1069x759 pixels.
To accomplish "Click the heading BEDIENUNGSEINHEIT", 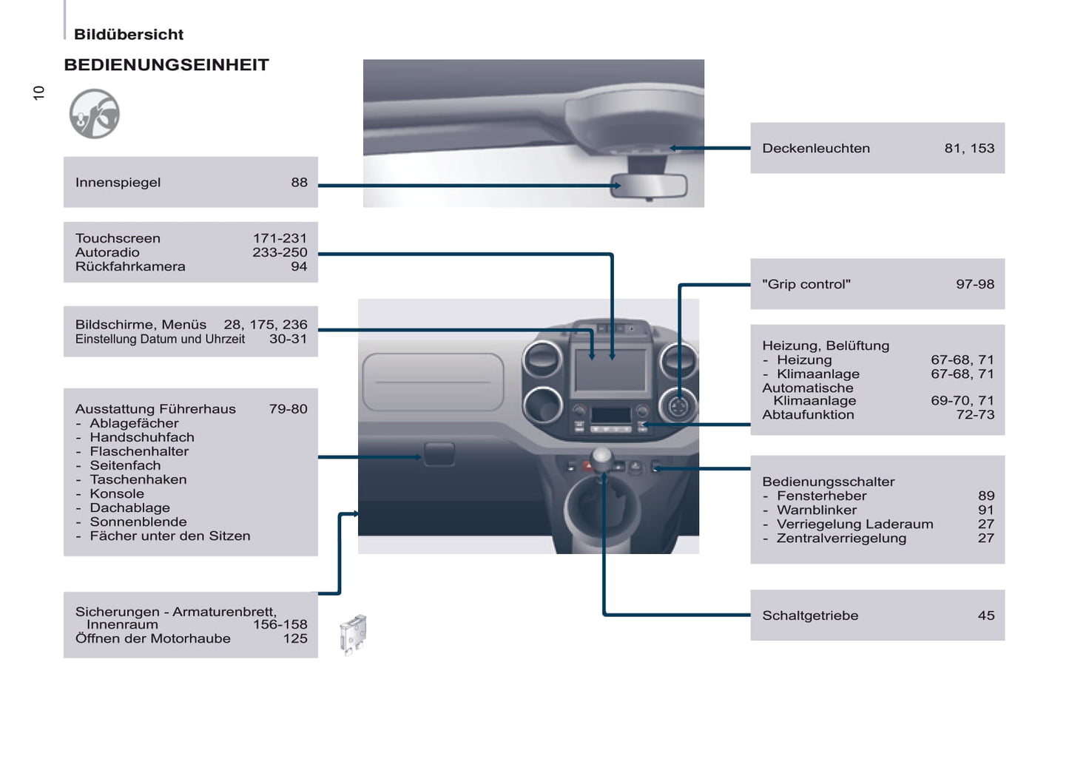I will pos(166,65).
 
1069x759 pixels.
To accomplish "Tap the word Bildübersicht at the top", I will pos(129,35).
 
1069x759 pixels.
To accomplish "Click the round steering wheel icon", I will pos(94,114).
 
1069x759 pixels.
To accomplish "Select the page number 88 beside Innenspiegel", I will pos(299,182).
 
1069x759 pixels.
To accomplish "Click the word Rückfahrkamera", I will pos(130,266).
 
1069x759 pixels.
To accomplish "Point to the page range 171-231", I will pos(280,238).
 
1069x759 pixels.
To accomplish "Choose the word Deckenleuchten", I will pos(816,148).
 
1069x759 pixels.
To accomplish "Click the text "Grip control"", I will pos(806,284).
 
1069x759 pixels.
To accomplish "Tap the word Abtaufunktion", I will pos(808,414).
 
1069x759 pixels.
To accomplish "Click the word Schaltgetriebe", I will pos(810,615).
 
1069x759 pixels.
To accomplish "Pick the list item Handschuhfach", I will pos(142,437).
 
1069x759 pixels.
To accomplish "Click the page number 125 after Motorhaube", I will pos(295,638).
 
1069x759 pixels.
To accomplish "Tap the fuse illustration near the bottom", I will pos(354,634).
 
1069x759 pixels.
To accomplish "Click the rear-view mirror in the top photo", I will pos(649,186).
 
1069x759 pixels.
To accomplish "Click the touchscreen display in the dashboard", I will pos(610,370).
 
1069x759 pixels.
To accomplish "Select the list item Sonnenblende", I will pos(138,522).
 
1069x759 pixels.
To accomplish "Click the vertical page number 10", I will pos(39,92).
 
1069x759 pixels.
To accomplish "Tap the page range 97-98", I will pos(974,284).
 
